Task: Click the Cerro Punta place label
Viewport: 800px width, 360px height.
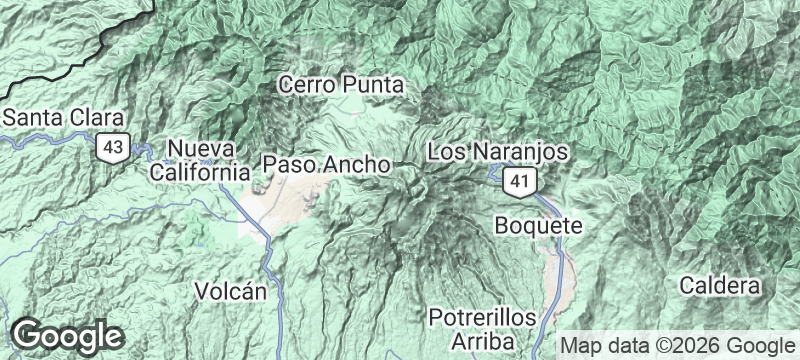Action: (341, 86)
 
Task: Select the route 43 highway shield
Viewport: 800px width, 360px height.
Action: (111, 148)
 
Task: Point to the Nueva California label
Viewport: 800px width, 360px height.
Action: (198, 160)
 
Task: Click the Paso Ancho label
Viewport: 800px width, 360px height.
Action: (325, 162)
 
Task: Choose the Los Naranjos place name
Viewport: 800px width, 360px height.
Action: (497, 152)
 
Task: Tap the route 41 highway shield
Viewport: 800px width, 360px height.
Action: (517, 181)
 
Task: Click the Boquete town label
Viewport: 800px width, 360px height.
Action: (538, 226)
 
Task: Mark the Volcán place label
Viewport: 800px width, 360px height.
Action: (231, 292)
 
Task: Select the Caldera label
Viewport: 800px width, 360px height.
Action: (720, 286)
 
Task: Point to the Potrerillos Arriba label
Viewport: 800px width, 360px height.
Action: (482, 329)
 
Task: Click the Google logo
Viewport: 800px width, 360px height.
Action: (67, 335)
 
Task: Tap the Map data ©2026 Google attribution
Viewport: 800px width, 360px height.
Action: (675, 346)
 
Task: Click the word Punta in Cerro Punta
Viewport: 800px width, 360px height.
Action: (373, 86)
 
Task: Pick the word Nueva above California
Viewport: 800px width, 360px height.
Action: (200, 149)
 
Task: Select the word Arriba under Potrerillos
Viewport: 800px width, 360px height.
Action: (482, 341)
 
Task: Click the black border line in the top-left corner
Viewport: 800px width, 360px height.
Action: (100, 40)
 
